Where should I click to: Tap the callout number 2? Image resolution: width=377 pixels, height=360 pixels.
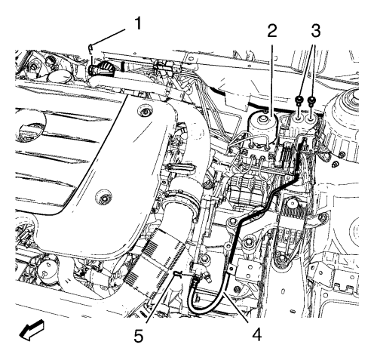272,31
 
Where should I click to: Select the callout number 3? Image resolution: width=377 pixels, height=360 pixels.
315,31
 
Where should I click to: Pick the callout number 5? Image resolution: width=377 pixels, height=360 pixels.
139,335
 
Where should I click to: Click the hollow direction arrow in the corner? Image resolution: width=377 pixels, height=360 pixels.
32,330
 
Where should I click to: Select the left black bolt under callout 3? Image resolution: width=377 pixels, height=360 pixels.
299,100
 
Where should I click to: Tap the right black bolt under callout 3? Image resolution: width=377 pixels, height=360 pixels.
311,100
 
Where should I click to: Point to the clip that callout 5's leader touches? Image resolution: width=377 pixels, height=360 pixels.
178,274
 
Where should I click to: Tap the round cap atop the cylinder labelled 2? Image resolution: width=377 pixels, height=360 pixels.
263,118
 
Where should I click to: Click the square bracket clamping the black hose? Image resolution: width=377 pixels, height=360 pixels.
231,270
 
